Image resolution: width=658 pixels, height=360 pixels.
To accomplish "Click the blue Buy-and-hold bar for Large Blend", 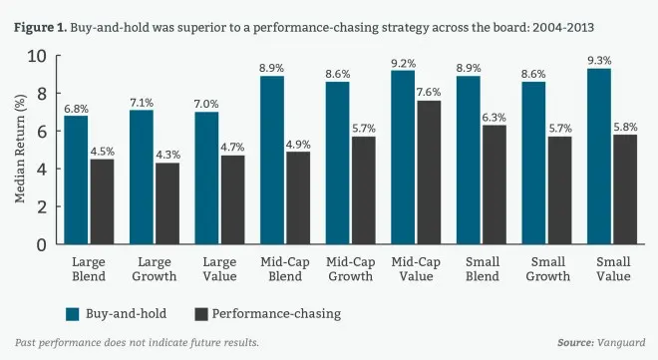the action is pos(76,180).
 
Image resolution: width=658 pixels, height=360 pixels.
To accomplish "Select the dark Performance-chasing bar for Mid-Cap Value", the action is pos(429,173).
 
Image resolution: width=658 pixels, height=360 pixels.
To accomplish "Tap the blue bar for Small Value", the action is pos(599,157).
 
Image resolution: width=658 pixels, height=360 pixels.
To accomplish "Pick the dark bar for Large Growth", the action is pos(167,203).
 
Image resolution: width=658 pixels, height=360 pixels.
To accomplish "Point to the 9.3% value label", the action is pos(599,61).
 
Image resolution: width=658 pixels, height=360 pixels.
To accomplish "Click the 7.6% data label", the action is pos(429,92).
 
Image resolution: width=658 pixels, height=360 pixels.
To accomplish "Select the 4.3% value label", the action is pos(167,155).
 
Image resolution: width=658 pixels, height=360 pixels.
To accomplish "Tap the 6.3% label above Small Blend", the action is pos(493,117).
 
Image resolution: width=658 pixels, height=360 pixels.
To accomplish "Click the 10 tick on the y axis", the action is pos(37,56).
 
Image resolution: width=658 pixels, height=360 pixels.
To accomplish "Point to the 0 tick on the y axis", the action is pos(42,244).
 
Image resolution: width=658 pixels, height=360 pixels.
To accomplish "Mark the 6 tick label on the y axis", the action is pos(42,132).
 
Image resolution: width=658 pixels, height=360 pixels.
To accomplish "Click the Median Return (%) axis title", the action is pos(20,149).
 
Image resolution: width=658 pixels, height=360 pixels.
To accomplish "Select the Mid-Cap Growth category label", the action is pos(350,269).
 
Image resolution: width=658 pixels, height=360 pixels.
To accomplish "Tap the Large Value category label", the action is pos(220,269).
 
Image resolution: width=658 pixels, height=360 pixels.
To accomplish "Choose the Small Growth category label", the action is pos(547,269).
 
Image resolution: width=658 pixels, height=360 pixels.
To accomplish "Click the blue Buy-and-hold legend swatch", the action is pos(72,314).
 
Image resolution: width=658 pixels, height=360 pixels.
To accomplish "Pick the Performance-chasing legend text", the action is pos(276,314).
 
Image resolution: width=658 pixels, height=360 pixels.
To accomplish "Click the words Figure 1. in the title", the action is pos(40,28).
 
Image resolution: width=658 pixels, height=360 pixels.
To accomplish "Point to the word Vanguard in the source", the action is pos(621,342).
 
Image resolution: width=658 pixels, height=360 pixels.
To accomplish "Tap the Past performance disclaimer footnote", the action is pos(137,342).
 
